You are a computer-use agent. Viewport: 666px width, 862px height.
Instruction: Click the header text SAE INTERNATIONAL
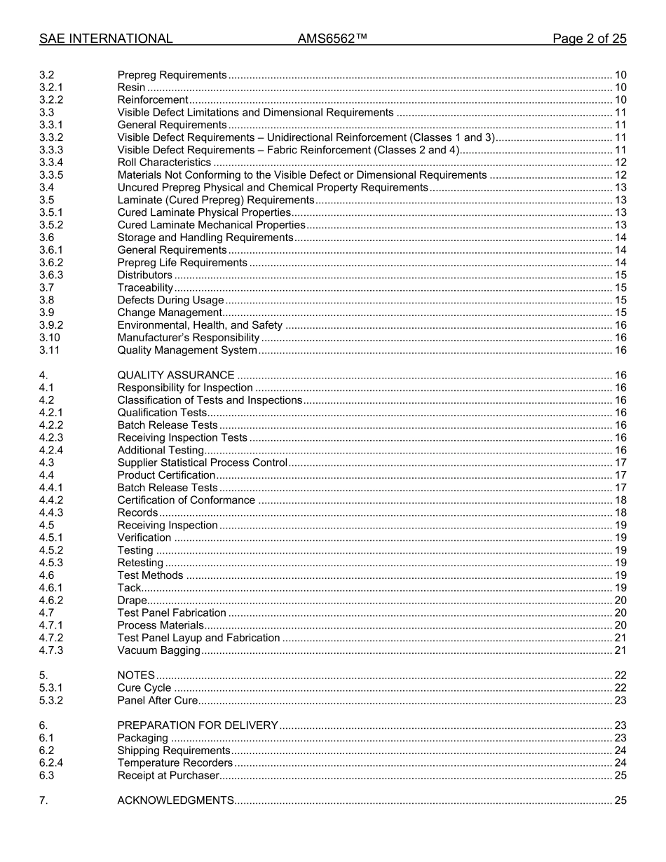pyautogui.click(x=106, y=39)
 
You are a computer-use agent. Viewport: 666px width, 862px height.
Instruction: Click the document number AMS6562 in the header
pyautogui.click(x=332, y=39)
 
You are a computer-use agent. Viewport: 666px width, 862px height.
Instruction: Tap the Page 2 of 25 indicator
pyautogui.click(x=589, y=39)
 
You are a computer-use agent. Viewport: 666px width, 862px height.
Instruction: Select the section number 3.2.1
pyautogui.click(x=51, y=88)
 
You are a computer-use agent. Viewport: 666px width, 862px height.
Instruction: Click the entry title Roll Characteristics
pyautogui.click(x=164, y=163)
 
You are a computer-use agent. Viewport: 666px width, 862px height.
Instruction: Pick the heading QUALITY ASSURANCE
pyautogui.click(x=176, y=376)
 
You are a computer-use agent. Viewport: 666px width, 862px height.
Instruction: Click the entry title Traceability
pyautogui.click(x=145, y=288)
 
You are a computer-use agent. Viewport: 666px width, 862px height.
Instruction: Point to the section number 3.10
pyautogui.click(x=49, y=338)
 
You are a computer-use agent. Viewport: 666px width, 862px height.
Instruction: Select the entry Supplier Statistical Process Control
pyautogui.click(x=203, y=463)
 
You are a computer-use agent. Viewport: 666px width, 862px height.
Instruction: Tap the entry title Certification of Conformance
pyautogui.click(x=186, y=500)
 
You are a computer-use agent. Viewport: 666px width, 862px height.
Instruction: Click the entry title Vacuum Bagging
pyautogui.click(x=158, y=651)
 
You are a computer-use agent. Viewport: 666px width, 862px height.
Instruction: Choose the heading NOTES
pyautogui.click(x=136, y=676)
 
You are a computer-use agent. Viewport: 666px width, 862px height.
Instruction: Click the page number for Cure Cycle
pyautogui.click(x=620, y=688)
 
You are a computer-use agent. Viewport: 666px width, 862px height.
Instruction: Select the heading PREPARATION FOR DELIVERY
pyautogui.click(x=198, y=726)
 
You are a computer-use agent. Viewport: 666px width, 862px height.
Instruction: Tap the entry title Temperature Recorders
pyautogui.click(x=175, y=763)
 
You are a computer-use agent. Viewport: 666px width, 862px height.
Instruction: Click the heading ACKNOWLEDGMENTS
pyautogui.click(x=175, y=801)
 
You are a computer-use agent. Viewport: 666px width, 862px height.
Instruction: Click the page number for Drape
pyautogui.click(x=620, y=601)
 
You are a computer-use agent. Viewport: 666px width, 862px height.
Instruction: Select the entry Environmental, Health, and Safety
pyautogui.click(x=200, y=325)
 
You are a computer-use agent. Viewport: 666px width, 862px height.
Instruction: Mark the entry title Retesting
pyautogui.click(x=140, y=563)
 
